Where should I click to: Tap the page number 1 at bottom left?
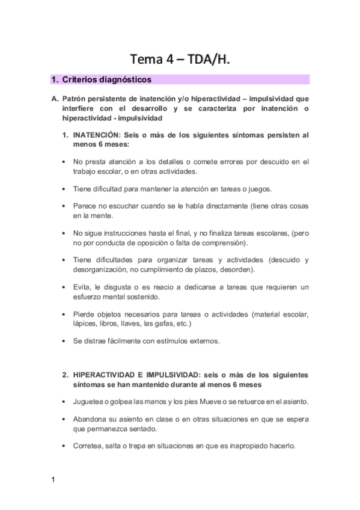[x=53, y=480]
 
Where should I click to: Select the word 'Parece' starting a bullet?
[x=85, y=206]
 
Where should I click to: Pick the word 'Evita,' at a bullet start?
[x=84, y=287]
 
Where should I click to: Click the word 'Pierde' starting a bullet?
[x=85, y=314]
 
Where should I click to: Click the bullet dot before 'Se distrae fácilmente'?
[x=64, y=341]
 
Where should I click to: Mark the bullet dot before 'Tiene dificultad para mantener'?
[x=64, y=189]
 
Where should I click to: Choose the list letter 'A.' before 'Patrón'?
[x=55, y=97]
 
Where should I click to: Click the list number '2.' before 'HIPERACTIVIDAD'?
[x=66, y=375]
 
